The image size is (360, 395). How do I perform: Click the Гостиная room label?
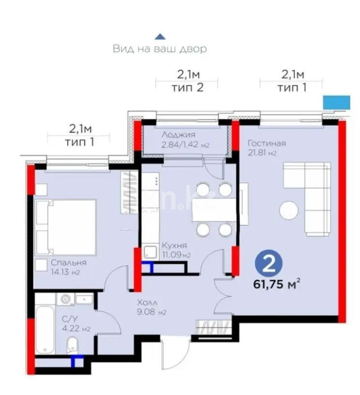(267, 143)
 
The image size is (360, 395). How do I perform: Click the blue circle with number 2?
(269, 264)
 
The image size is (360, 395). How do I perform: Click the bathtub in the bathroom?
(45, 328)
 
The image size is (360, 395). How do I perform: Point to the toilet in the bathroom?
(73, 346)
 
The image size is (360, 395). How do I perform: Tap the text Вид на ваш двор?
(160, 49)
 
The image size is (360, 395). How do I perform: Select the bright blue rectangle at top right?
(336, 102)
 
